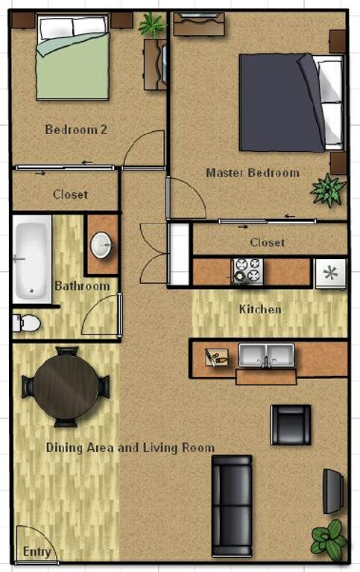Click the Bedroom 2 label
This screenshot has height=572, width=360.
click(76, 130)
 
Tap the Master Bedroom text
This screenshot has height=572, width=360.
click(252, 173)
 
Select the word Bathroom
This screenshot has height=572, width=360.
click(82, 286)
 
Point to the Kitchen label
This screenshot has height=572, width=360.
click(259, 308)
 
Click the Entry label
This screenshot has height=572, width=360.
click(37, 552)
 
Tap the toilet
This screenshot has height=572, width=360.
click(27, 322)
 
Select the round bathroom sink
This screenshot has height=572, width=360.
click(101, 244)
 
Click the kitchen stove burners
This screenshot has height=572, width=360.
click(247, 271)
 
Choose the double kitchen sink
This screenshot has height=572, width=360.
click(266, 355)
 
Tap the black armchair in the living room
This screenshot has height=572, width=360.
click(291, 425)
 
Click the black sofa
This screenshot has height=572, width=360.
click(232, 504)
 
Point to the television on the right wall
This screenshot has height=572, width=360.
click(333, 491)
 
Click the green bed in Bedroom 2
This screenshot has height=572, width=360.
click(73, 59)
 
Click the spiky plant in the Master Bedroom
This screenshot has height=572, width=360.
click(328, 190)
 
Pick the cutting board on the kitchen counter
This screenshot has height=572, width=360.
click(216, 357)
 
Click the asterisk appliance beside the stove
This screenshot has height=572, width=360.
click(330, 273)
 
